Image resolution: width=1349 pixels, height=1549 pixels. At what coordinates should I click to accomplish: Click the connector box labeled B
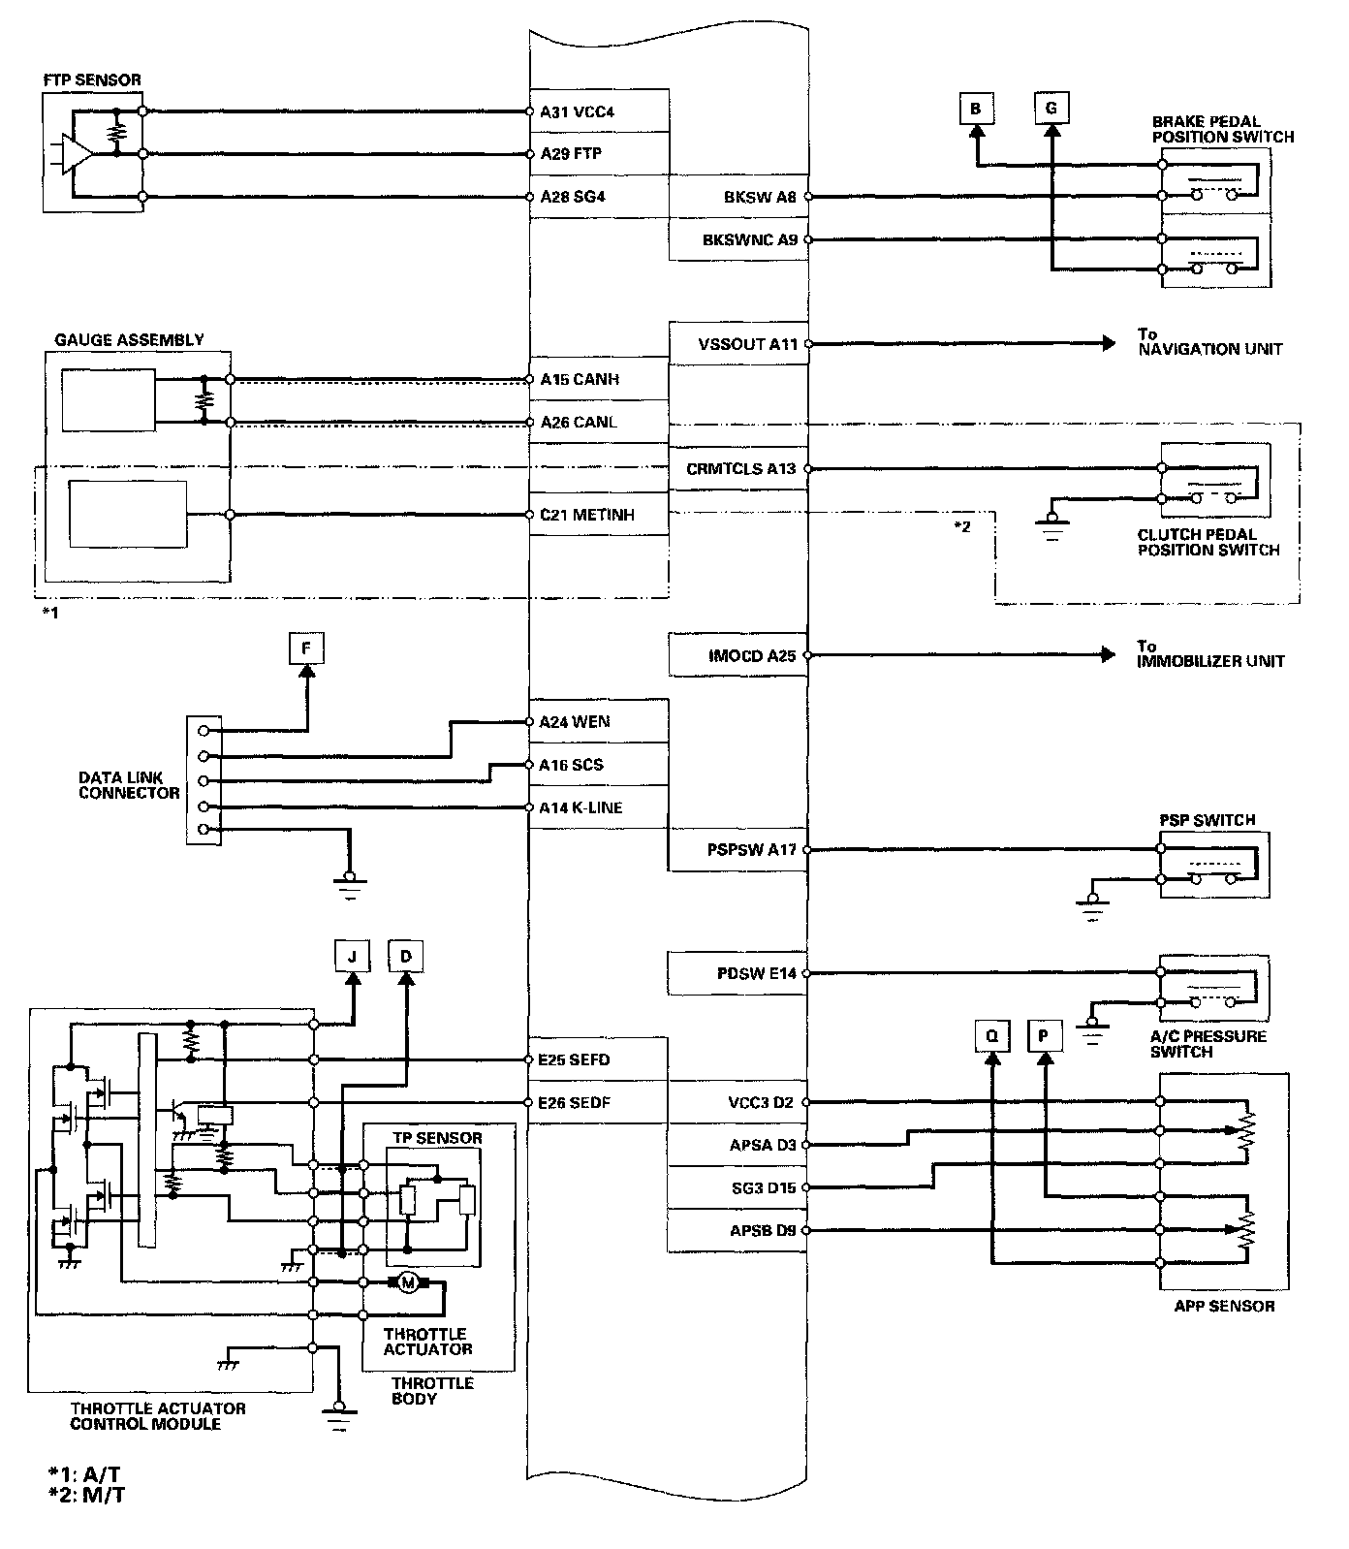[x=975, y=109]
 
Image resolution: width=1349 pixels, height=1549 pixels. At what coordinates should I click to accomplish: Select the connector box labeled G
[x=1051, y=108]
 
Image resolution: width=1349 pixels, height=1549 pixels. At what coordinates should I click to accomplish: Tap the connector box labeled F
[x=306, y=648]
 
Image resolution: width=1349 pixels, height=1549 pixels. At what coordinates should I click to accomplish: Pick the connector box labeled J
[x=352, y=957]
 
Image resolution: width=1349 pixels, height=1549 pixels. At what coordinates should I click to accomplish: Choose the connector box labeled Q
[x=991, y=1036]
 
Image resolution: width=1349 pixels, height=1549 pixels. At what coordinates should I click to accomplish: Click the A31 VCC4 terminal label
[x=578, y=111]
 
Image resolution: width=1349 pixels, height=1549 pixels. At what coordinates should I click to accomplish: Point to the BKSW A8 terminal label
[x=760, y=197]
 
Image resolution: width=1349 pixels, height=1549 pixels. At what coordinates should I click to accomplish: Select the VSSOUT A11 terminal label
[x=747, y=344]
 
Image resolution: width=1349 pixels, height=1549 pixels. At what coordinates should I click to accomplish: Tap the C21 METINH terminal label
[x=587, y=515]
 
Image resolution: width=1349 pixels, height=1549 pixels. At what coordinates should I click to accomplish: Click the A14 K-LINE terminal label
[x=581, y=807]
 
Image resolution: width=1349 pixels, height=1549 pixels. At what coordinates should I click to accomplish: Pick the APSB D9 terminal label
[x=763, y=1230]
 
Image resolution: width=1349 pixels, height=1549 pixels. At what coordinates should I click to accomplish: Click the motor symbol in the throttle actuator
[x=408, y=1283]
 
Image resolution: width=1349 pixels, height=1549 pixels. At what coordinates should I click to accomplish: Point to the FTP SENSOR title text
[x=92, y=79]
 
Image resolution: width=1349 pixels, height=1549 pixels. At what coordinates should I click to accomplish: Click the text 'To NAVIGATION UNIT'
[x=1209, y=342]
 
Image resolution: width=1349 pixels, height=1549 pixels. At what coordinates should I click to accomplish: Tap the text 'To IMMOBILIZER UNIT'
[x=1210, y=654]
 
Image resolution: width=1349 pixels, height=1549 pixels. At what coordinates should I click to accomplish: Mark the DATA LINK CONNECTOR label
[x=129, y=785]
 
